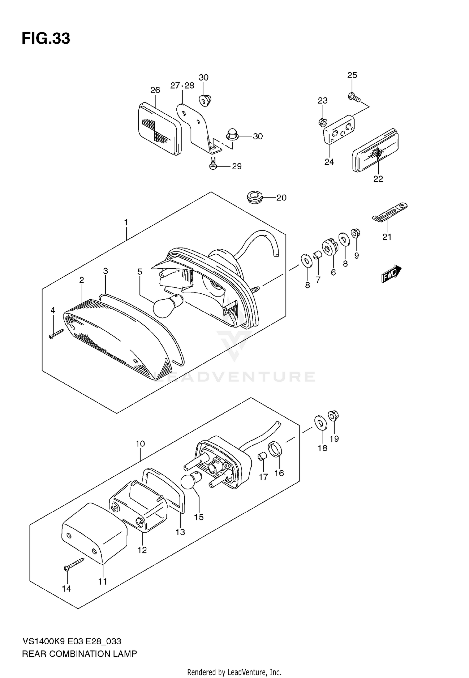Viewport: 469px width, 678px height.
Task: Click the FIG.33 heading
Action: click(x=46, y=39)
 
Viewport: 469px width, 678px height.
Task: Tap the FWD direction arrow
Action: click(x=391, y=274)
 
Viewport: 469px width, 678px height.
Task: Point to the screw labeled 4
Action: click(x=56, y=334)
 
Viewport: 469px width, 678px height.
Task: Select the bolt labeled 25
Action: click(x=354, y=97)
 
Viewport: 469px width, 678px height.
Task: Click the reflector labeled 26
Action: click(x=159, y=129)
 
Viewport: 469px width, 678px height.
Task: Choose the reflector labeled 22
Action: click(x=376, y=151)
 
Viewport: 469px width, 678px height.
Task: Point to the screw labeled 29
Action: click(x=213, y=164)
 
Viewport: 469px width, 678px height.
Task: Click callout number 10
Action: click(x=140, y=444)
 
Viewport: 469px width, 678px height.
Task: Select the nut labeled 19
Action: click(x=333, y=416)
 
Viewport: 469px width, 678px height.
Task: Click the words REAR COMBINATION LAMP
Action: click(x=79, y=654)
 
